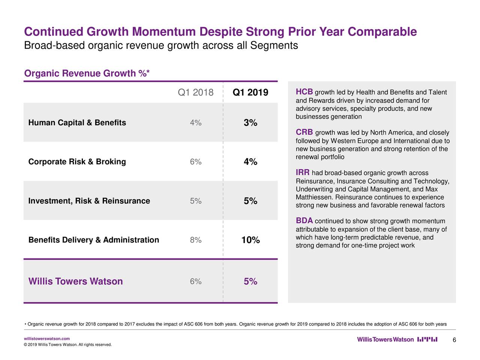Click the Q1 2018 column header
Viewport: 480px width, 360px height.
tap(195, 93)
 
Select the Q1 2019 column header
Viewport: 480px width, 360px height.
tap(250, 93)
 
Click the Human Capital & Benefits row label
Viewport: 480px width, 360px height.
tap(77, 123)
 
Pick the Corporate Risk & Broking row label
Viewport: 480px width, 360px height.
tap(77, 162)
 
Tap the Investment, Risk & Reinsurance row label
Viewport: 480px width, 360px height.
tap(89, 201)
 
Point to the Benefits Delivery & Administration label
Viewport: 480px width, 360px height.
tap(94, 240)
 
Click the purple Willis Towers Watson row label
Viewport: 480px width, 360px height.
tap(75, 282)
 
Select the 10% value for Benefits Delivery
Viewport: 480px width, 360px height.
tap(250, 240)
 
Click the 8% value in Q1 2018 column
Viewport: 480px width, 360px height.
tap(195, 240)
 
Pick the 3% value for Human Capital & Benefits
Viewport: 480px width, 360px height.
tap(250, 123)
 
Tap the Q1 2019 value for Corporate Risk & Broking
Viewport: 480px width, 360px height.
tap(250, 162)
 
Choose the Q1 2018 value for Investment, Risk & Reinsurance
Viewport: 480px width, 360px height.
tap(195, 201)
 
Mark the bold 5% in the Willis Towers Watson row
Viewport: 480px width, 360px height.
tap(250, 282)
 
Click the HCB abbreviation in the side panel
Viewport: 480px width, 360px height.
tap(304, 92)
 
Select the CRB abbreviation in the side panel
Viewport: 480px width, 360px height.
tap(304, 132)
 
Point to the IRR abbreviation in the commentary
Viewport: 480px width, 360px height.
tap(303, 172)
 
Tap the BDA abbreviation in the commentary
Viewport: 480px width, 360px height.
tap(304, 220)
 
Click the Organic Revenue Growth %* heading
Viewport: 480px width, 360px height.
tap(87, 73)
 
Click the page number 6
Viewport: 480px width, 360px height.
tap(454, 340)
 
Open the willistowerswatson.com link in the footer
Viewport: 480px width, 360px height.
tap(46, 339)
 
